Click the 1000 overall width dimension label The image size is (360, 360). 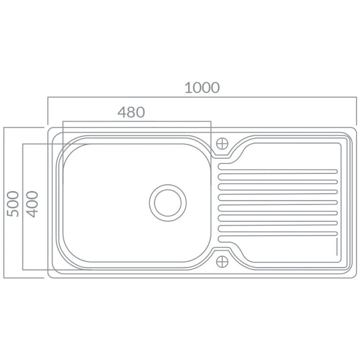pos(202,88)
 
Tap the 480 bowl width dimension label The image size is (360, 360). pos(131,112)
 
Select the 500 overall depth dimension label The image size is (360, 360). pos(13,204)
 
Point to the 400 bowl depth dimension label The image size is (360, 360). pos(32,204)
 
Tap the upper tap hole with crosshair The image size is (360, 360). pos(222,143)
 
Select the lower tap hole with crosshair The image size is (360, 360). pos(222,262)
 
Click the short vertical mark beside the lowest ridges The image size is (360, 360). pos(337,246)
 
